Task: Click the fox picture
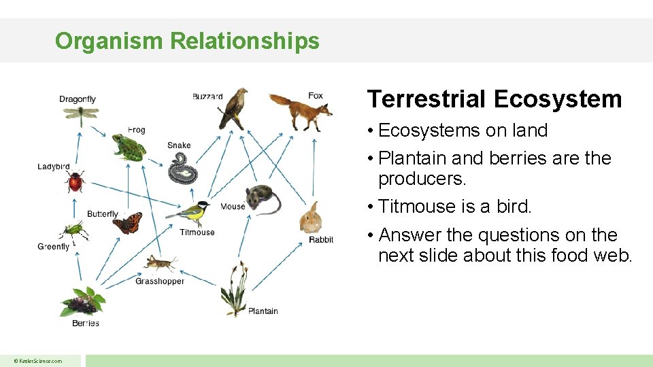pyautogui.click(x=299, y=111)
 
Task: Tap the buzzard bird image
pyautogui.click(x=233, y=109)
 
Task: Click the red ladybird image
pyautogui.click(x=74, y=182)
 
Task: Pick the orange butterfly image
pyautogui.click(x=127, y=223)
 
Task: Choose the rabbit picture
pyautogui.click(x=311, y=219)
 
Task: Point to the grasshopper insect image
pyautogui.click(x=161, y=264)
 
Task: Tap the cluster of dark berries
pyautogui.click(x=82, y=303)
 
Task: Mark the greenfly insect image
pyautogui.click(x=73, y=232)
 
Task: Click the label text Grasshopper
pyautogui.click(x=160, y=281)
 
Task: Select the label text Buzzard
pyautogui.click(x=207, y=97)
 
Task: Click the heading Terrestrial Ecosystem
pyautogui.click(x=495, y=99)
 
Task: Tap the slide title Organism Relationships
pyautogui.click(x=187, y=41)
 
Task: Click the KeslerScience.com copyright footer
pyautogui.click(x=39, y=361)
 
